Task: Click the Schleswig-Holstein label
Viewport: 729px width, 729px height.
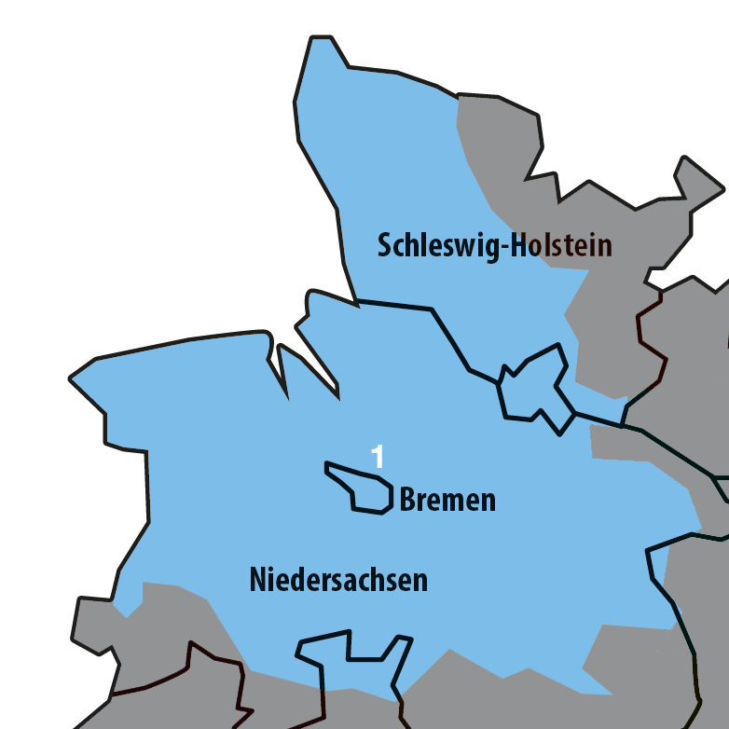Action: click(494, 245)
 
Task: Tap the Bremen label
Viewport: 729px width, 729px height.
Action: click(447, 501)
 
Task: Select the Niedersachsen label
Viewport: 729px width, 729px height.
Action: click(338, 580)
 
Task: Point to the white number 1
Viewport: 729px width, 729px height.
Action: click(378, 457)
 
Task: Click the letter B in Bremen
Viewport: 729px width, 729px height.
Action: click(407, 501)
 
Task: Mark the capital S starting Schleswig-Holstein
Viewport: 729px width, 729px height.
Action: click(385, 246)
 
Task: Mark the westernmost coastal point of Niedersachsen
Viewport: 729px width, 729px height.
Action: click(72, 378)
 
